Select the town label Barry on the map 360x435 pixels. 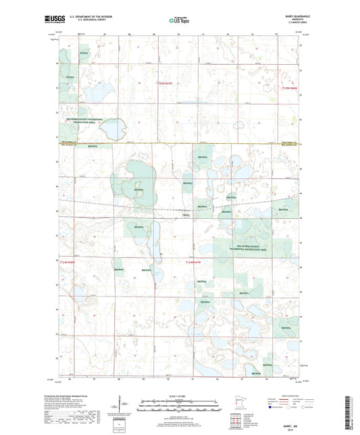pos(195,215)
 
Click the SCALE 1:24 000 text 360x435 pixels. pos(179,396)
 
